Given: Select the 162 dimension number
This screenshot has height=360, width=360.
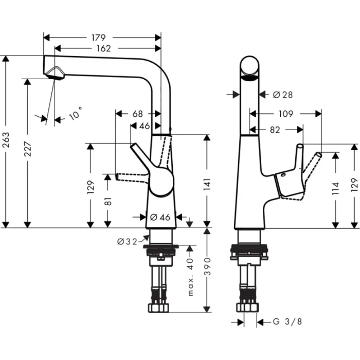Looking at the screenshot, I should point(103,48).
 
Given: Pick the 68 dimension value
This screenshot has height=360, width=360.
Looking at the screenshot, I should point(137,113).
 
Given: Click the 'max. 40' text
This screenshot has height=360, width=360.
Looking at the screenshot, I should point(190,278).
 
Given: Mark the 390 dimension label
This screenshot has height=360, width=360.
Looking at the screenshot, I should point(207,268).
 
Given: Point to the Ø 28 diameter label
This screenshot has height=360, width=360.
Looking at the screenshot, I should point(282,95).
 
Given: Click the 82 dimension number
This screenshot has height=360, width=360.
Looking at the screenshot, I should point(275,130).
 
